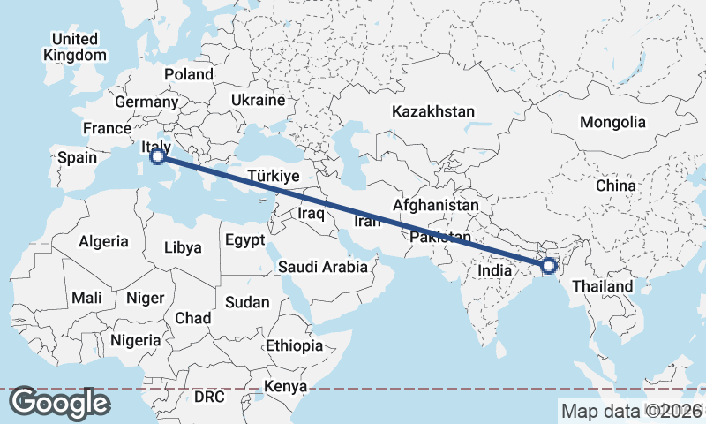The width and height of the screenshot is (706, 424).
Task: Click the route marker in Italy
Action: [x=157, y=157]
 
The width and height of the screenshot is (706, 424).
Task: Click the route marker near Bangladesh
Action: [x=549, y=265]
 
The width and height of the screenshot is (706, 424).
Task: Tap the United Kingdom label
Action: [x=75, y=47]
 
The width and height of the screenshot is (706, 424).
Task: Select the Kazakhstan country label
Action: [x=433, y=112]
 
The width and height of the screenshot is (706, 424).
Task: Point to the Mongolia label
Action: [x=612, y=122]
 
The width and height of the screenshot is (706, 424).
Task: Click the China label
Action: [x=615, y=186]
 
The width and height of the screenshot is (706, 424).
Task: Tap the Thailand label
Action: [x=603, y=286]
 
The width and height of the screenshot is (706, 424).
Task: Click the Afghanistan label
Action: [x=436, y=206]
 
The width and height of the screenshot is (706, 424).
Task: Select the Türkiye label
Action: [x=274, y=177]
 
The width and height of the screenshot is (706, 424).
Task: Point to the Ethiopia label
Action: [x=294, y=345]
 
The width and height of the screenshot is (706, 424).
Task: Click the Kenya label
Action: [x=286, y=387]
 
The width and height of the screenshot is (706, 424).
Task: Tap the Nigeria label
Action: [x=136, y=339]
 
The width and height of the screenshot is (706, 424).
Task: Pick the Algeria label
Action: [x=103, y=241]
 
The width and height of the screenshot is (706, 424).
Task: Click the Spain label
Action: [x=76, y=158]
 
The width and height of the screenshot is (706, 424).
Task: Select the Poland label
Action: [x=188, y=75]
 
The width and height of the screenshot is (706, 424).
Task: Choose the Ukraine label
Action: [x=258, y=101]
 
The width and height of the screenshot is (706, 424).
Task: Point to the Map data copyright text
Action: [x=632, y=411]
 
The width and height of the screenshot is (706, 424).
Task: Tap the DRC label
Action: [x=210, y=397]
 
